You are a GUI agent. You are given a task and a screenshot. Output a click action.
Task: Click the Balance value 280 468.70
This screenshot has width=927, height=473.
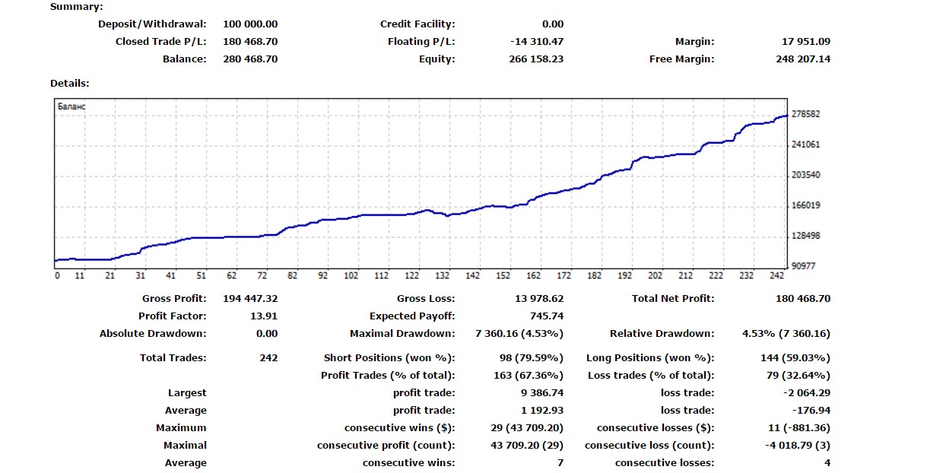(x=250, y=59)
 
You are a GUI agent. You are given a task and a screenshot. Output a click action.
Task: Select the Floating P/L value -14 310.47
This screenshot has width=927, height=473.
(x=537, y=41)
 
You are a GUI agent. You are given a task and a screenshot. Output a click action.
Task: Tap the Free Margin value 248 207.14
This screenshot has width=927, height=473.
(x=803, y=59)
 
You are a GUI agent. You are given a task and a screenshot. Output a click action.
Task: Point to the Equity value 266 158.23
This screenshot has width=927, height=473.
(x=536, y=59)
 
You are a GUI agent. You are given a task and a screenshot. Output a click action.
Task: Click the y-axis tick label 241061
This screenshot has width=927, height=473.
(x=806, y=144)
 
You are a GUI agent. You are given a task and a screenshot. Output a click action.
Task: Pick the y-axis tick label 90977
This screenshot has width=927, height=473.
(x=804, y=265)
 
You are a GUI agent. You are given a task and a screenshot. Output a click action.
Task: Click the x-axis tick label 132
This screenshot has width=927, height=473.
(x=443, y=275)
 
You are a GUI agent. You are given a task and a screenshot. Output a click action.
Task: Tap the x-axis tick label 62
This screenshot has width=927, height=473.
(x=232, y=275)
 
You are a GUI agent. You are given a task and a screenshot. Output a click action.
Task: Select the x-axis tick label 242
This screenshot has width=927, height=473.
(x=776, y=275)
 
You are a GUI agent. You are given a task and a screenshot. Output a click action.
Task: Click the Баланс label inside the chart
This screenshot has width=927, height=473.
(x=71, y=106)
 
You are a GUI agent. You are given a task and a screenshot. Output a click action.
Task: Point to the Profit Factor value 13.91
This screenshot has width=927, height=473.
(x=264, y=316)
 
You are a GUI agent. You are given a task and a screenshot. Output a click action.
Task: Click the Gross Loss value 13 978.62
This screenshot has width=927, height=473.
(x=539, y=298)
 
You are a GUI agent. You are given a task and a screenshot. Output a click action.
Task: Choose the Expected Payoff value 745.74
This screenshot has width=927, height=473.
(x=547, y=316)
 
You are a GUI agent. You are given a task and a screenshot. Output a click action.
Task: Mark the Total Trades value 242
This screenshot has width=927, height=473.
(x=268, y=357)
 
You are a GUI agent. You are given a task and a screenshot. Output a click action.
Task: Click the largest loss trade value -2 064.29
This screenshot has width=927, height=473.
(x=807, y=392)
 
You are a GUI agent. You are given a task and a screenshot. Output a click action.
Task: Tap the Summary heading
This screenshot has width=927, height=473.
(x=77, y=7)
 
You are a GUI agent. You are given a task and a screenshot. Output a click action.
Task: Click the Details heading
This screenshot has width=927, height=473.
(x=69, y=83)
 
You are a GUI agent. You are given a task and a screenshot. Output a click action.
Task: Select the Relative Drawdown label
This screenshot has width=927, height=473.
(x=662, y=333)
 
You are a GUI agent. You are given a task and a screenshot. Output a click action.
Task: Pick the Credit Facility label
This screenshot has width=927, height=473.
(x=417, y=24)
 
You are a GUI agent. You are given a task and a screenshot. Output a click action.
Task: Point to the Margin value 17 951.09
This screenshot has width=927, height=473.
(x=806, y=41)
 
